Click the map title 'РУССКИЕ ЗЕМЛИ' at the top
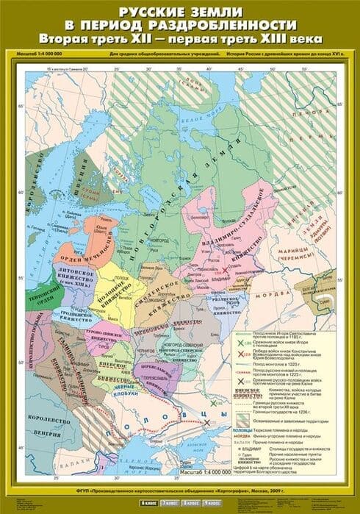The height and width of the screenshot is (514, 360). pyautogui.click(x=180, y=11)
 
